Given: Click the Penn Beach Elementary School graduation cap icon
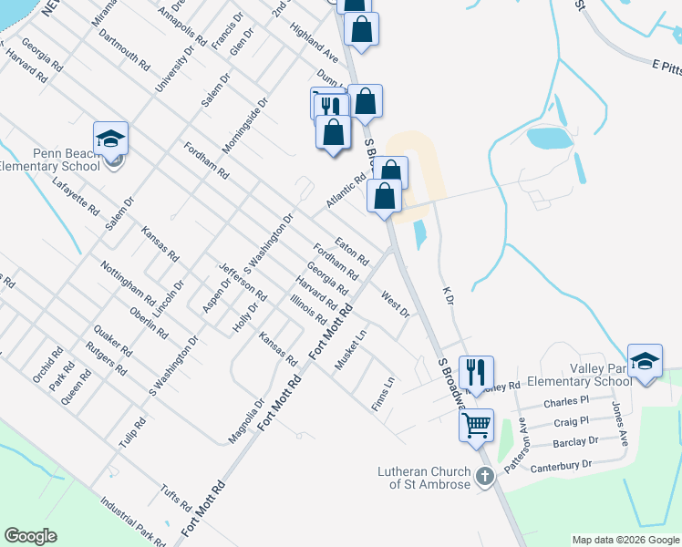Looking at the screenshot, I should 110,139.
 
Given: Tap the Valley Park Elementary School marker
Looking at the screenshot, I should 645,360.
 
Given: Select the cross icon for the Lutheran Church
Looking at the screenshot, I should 485,475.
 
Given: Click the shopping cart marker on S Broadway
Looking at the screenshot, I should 476,425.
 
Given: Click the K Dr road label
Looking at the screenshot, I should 447,294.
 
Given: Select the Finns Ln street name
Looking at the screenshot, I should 382,393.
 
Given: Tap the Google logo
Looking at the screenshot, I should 31,536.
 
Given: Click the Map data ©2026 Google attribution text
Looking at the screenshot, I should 625,540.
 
